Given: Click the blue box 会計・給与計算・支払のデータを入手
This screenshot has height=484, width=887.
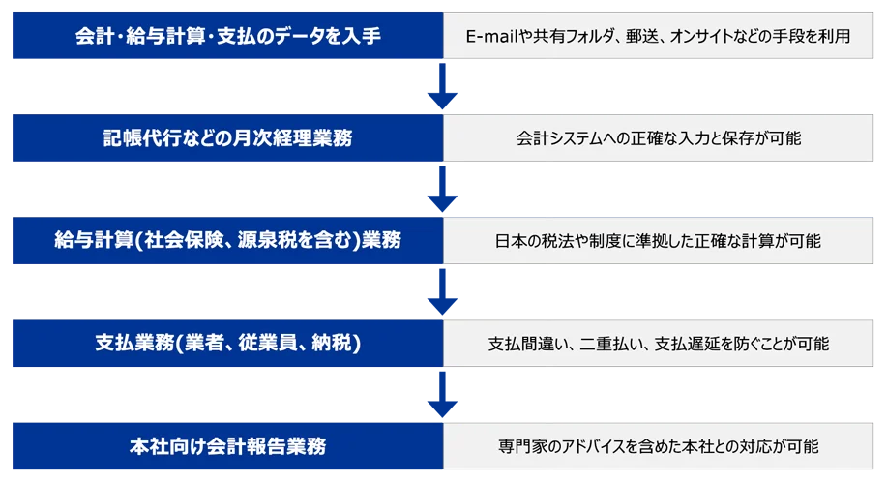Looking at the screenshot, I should click(227, 37).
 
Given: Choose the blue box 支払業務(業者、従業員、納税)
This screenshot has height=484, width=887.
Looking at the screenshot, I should click(227, 343).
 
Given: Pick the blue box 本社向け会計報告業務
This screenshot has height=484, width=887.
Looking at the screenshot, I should click(227, 446).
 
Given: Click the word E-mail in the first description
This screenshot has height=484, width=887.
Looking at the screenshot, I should click(489, 37).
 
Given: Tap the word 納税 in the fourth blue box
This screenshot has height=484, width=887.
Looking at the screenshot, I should click(338, 343).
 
